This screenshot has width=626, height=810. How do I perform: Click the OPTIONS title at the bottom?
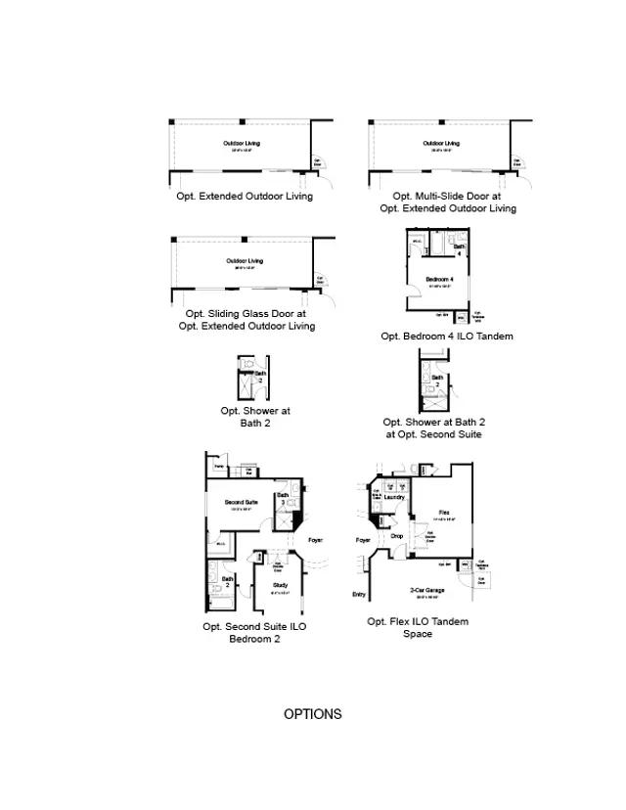(x=313, y=714)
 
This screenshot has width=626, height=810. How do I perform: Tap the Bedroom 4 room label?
(x=439, y=280)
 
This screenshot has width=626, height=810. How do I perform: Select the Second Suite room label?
(x=241, y=503)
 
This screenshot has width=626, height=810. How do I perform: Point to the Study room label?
(x=280, y=585)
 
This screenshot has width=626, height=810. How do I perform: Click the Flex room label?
(x=444, y=512)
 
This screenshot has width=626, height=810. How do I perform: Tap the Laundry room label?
(x=394, y=497)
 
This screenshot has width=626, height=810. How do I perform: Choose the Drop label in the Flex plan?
(x=396, y=536)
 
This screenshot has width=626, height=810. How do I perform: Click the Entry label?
(x=359, y=595)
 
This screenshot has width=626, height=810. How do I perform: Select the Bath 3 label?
(x=282, y=499)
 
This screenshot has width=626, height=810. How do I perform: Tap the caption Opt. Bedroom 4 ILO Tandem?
(x=447, y=337)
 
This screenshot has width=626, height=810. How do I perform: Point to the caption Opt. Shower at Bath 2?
(x=255, y=417)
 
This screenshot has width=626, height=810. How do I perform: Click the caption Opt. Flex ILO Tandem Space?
(x=418, y=627)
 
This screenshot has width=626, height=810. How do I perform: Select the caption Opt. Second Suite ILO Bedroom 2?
(x=254, y=632)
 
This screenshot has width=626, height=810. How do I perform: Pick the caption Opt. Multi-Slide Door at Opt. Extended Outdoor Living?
(x=448, y=202)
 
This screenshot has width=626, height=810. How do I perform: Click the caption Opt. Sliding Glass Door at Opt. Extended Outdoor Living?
(x=246, y=320)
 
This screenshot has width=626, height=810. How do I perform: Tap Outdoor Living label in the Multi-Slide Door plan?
(x=441, y=144)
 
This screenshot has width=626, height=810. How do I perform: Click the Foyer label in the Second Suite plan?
(x=315, y=540)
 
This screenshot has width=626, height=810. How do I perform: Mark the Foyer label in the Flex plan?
(x=363, y=540)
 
